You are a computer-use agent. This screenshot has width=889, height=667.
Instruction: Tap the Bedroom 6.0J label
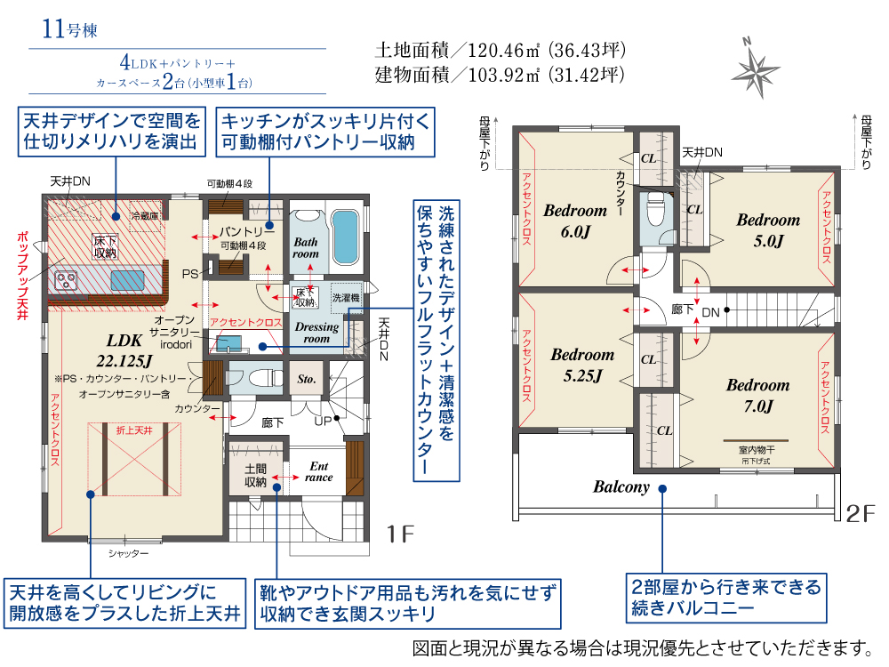[x=575, y=221]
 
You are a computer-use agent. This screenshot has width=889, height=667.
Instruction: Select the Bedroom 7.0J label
[x=758, y=396]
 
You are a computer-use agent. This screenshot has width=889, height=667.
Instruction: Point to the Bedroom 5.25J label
[x=582, y=365]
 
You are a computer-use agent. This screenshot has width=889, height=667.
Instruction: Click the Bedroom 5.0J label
[x=768, y=229]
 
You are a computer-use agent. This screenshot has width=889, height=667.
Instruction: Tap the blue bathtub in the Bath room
[x=345, y=237]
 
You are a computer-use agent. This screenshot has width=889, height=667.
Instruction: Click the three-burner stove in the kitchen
[x=66, y=281]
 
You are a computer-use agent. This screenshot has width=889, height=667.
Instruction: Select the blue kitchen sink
[x=127, y=281]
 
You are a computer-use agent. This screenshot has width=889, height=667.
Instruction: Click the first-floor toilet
[x=256, y=378]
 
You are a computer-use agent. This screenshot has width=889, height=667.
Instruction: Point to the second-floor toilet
[x=656, y=209]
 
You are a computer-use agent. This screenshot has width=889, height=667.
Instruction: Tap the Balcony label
[x=621, y=486]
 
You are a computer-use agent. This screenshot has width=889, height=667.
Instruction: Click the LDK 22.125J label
[x=124, y=350]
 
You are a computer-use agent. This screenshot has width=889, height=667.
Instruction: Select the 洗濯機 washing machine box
[x=346, y=298]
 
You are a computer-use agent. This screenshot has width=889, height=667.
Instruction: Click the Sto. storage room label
[x=306, y=379]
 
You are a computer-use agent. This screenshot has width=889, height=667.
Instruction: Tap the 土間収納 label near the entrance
[x=255, y=475]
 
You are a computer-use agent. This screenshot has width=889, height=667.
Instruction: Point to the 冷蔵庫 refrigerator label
[x=145, y=216]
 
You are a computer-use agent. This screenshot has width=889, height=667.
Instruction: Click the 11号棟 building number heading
[x=69, y=29]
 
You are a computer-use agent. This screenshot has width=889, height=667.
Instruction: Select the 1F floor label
[x=400, y=534]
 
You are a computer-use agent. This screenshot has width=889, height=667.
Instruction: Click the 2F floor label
[x=860, y=513]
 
